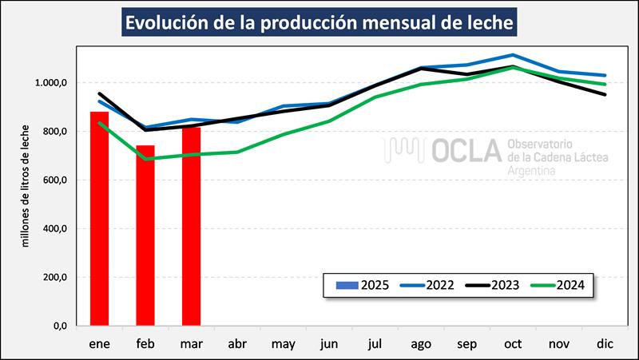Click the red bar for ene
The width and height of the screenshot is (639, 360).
coord(99,219)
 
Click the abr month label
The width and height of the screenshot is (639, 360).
coord(237,345)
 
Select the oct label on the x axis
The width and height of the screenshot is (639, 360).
coord(513,345)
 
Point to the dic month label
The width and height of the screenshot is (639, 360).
coord(605,345)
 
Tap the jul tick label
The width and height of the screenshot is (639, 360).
coord(375,345)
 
